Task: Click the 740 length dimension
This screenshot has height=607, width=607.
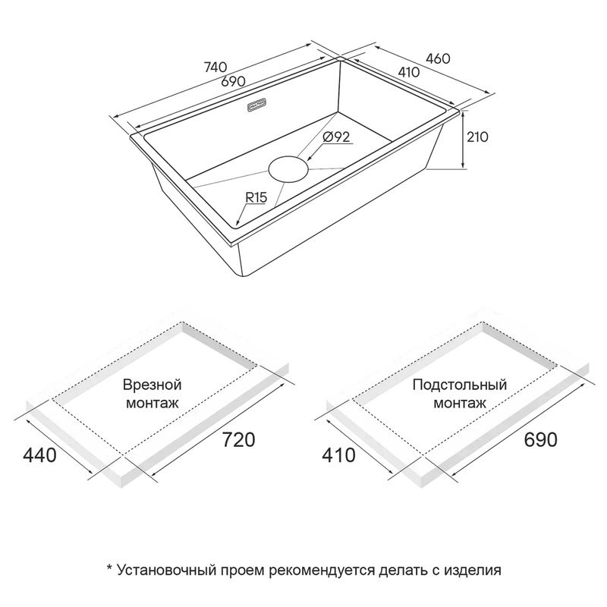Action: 215,67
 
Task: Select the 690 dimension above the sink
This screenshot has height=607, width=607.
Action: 234,81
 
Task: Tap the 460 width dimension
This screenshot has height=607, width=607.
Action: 438,58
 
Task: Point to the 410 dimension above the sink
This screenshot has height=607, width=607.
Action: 408,72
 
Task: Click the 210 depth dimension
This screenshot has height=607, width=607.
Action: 477,137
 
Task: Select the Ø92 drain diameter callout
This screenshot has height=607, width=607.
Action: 336,137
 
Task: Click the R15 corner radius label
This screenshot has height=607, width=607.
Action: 256,197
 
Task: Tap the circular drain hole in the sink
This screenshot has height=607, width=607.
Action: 288,168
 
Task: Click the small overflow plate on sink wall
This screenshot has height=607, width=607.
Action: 256,105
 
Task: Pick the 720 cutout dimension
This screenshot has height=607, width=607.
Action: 239,439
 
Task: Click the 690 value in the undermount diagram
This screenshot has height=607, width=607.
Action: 540,439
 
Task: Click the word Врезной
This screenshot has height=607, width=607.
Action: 153,385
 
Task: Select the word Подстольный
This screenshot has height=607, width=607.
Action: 460,385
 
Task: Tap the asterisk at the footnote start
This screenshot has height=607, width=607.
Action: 109,568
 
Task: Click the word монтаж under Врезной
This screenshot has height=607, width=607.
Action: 153,403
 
